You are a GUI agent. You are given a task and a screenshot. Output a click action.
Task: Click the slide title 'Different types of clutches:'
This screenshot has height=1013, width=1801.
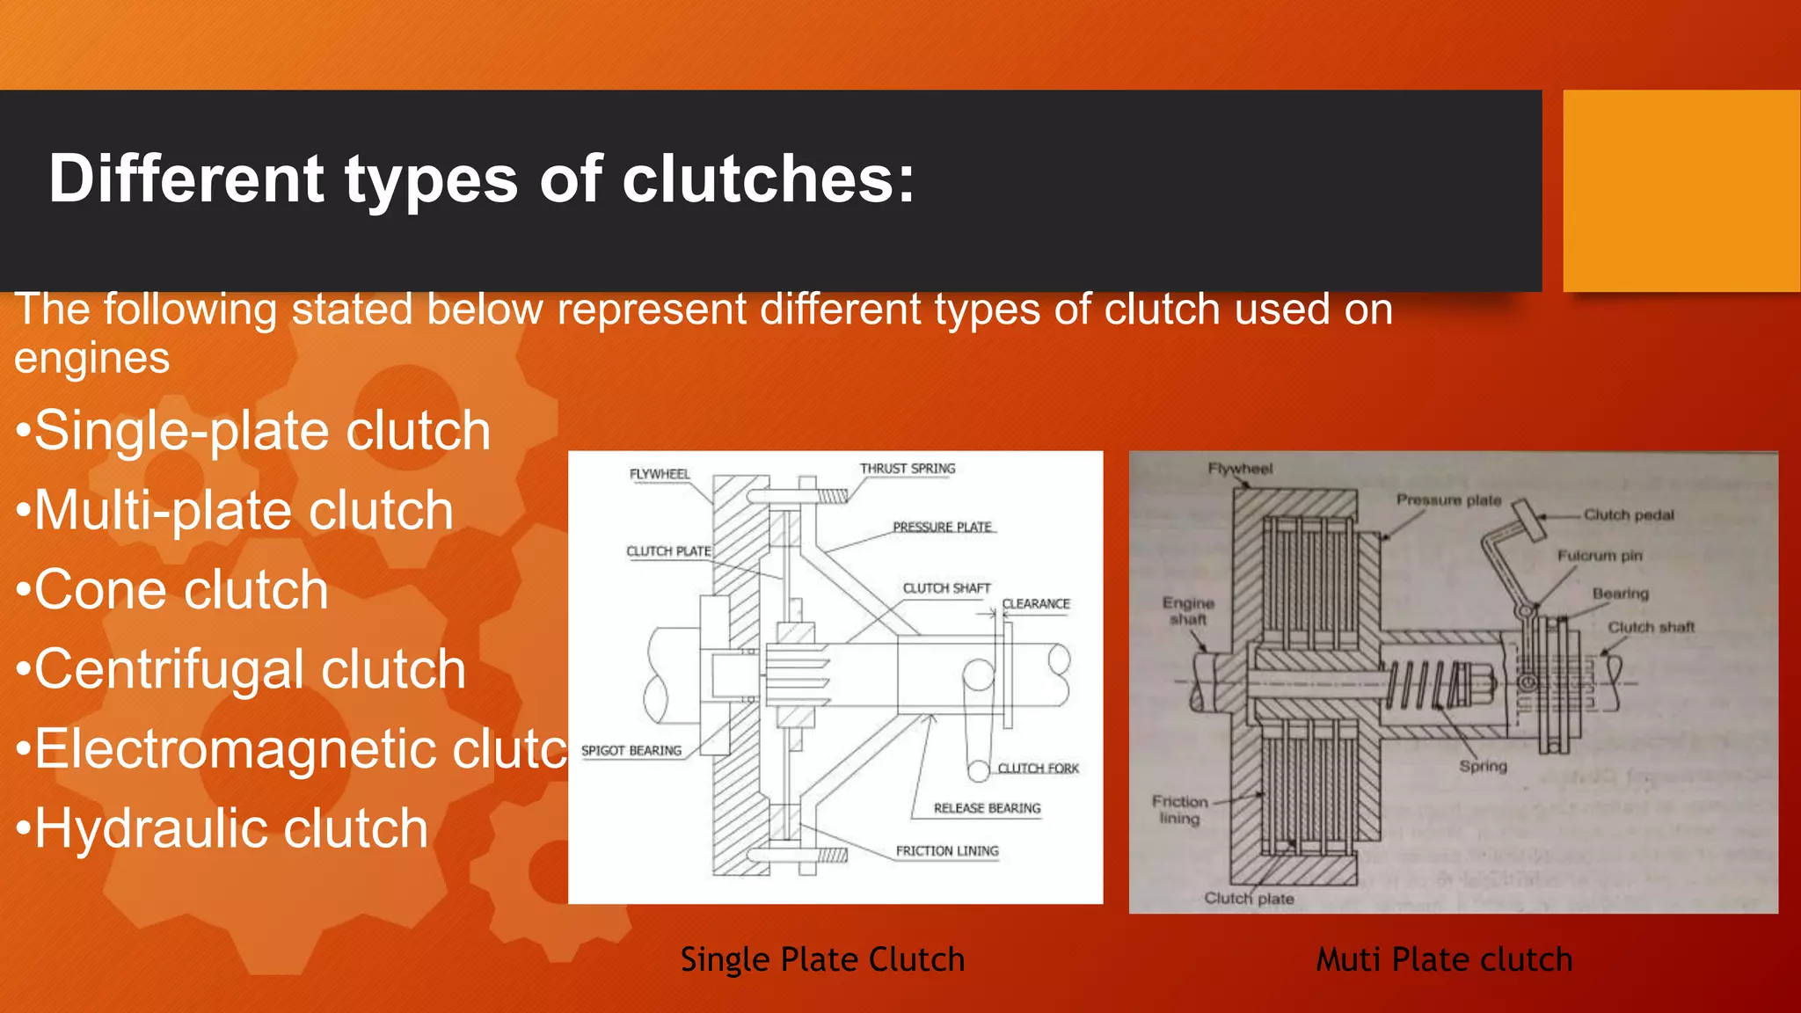(481, 179)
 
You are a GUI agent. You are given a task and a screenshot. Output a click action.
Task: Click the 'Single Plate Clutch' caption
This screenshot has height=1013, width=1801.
(822, 959)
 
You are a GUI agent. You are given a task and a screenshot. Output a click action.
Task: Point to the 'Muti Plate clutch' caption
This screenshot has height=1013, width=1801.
(1444, 959)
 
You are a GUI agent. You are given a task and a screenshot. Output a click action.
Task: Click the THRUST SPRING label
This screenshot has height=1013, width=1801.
(907, 469)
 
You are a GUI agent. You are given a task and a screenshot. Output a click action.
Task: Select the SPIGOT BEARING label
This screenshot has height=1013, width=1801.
(631, 750)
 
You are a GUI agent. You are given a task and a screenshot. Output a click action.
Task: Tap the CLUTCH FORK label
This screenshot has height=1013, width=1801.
(1038, 768)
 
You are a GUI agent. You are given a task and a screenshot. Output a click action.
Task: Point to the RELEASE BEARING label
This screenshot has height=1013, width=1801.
(987, 808)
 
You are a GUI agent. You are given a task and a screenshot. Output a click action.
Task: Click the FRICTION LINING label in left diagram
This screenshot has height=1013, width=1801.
(947, 850)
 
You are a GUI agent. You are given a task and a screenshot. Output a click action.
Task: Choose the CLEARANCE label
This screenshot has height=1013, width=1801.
(1036, 604)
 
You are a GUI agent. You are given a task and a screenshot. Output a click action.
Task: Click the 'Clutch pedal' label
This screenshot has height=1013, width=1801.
(1629, 514)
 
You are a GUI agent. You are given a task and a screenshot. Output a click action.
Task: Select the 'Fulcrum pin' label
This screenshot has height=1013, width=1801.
(1600, 556)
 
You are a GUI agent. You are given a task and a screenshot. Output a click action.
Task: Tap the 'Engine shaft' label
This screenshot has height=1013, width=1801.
(1188, 611)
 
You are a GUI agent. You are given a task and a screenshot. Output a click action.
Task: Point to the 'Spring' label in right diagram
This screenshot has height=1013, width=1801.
(1483, 766)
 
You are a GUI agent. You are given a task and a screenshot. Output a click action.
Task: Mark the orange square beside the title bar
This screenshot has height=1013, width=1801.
(1681, 190)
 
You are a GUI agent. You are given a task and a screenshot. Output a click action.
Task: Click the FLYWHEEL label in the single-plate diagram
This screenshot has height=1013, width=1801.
(660, 474)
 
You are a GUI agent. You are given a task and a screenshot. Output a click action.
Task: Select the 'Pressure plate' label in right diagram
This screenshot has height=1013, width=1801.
(1448, 499)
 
